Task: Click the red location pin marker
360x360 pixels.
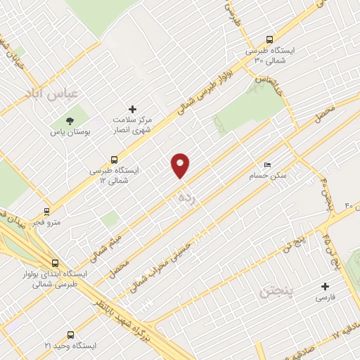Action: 181,165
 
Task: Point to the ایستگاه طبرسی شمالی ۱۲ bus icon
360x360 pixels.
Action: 114,160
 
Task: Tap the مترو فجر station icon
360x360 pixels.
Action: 47,210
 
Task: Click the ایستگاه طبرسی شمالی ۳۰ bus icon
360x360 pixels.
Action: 270,40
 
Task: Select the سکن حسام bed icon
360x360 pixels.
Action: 266,164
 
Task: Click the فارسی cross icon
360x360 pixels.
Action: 325,286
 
